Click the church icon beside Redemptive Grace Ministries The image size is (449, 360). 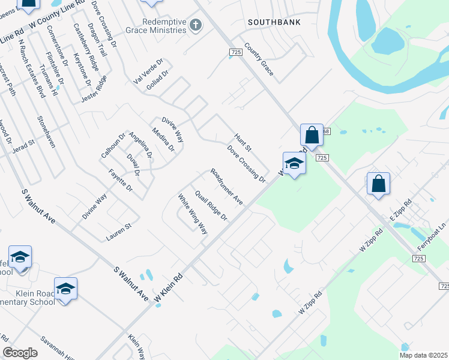195,25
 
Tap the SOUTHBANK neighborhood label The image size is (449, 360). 274,22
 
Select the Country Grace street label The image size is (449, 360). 259,59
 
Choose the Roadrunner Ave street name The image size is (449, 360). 226,186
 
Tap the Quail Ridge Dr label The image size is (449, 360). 211,205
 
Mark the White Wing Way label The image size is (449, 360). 192,213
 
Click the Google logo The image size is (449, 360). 20,353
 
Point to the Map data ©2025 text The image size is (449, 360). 424,355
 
